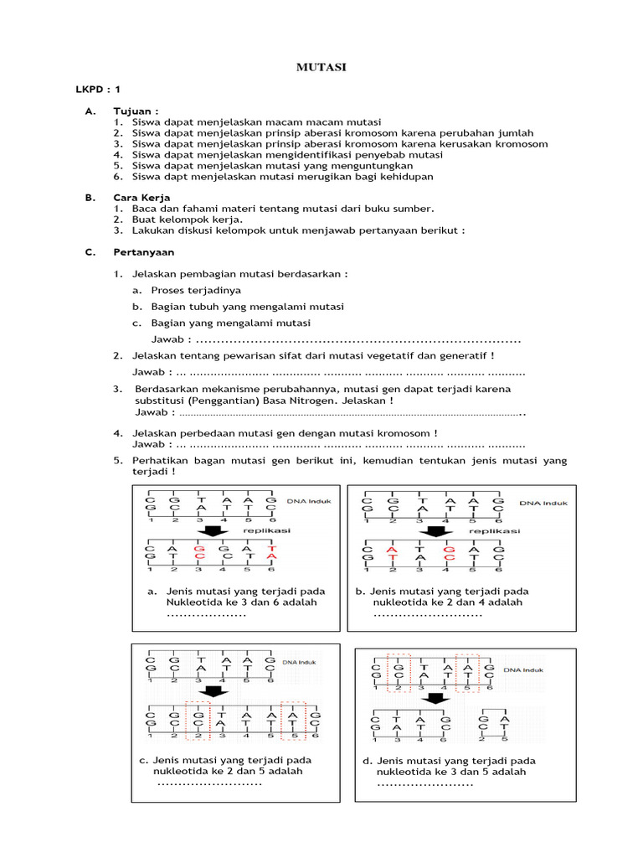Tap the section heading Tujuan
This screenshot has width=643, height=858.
[136, 111]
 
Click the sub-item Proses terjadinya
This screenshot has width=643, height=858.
[196, 290]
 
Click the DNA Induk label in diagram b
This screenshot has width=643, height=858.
[543, 504]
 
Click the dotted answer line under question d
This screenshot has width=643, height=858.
[425, 784]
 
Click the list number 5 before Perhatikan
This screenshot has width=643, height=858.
[118, 461]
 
